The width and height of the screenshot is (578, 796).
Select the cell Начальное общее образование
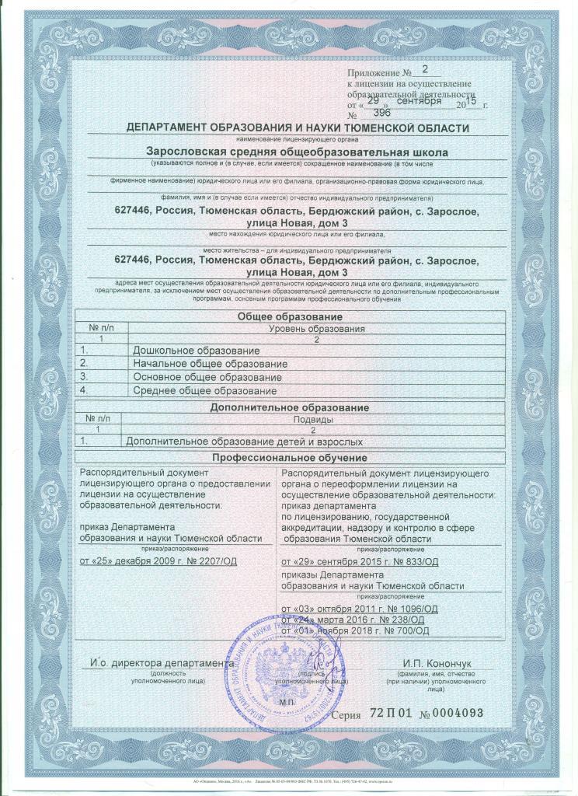pyautogui.click(x=210, y=364)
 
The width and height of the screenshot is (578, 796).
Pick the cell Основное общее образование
pyautogui.click(x=206, y=376)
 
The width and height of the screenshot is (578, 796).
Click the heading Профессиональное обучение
pyautogui.click(x=290, y=459)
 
